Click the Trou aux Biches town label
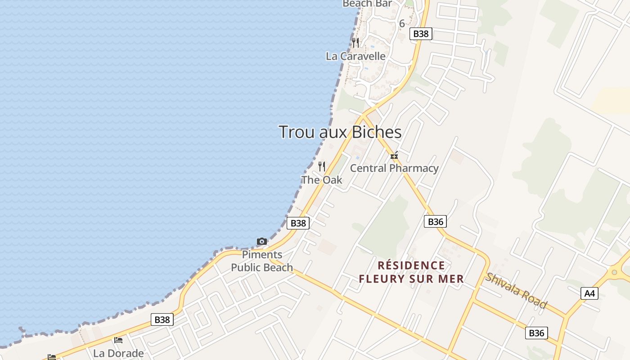[340, 132]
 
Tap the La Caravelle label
[355, 56]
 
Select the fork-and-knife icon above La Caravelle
[356, 43]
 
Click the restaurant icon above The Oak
[322, 166]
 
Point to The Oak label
[322, 180]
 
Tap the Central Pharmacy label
[394, 168]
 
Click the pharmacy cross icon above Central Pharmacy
[394, 156]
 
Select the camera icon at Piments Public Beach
[262, 242]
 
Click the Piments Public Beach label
[262, 261]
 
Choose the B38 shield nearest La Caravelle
[421, 34]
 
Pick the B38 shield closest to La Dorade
[162, 319]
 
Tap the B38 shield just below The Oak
[298, 223]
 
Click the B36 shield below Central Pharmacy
[435, 221]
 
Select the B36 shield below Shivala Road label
[536, 333]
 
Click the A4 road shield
[589, 293]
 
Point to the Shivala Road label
[516, 291]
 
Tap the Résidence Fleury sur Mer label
[411, 272]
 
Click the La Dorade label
[118, 353]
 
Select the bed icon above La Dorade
[118, 340]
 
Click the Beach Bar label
[367, 4]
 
